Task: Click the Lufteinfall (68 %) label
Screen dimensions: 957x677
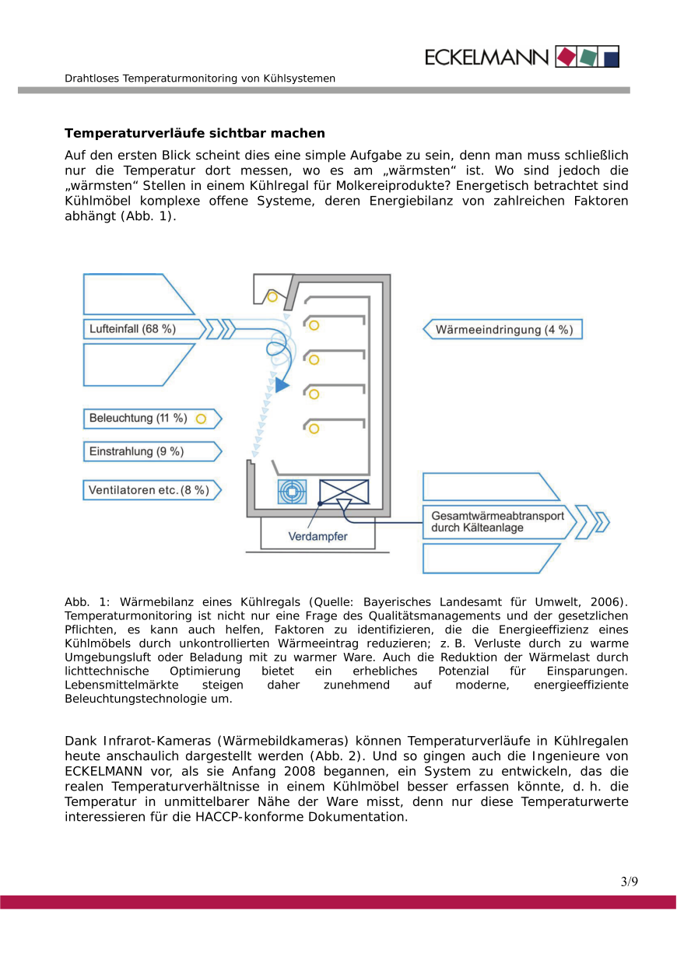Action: point(133,329)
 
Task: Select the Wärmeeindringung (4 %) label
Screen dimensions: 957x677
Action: point(503,330)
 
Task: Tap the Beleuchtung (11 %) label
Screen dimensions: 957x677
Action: point(139,419)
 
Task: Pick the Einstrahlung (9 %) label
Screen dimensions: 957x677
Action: point(137,451)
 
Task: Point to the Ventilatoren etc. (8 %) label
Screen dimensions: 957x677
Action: point(149,490)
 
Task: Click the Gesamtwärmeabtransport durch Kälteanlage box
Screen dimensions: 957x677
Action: point(498,521)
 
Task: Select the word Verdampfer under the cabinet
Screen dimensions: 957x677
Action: point(317,537)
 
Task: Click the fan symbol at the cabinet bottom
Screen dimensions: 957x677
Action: point(293,492)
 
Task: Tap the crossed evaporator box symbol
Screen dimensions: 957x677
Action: point(344,492)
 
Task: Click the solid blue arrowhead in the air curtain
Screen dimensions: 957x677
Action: point(282,384)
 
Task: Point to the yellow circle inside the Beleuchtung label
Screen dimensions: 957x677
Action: point(201,419)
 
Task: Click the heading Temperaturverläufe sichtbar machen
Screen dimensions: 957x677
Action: point(195,134)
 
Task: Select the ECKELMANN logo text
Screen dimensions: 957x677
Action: point(487,57)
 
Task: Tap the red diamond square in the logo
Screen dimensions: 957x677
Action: point(567,57)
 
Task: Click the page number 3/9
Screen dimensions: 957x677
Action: point(629,882)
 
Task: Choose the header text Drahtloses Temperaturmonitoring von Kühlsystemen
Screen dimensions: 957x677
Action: point(200,79)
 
